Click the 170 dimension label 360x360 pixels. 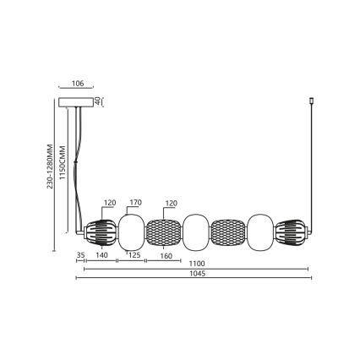click(134, 203)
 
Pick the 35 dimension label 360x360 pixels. click(80, 254)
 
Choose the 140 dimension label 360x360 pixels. click(102, 254)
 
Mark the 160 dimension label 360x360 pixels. click(166, 254)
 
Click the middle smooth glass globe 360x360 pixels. click(195, 230)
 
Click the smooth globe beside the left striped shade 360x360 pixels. click(132, 230)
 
